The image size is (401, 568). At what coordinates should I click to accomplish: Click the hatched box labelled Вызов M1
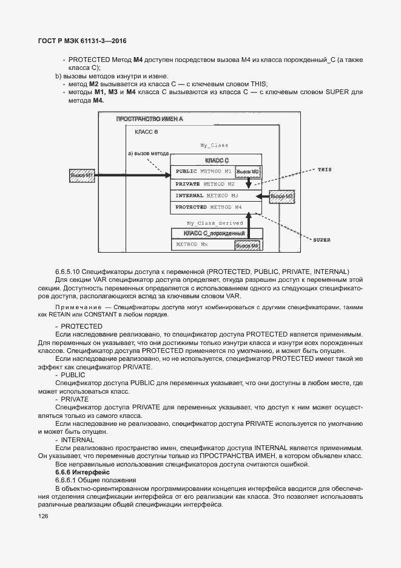coord(81,176)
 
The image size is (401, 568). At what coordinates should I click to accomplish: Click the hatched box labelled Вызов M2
coord(248,172)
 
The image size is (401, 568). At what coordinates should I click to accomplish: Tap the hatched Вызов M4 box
coord(248,245)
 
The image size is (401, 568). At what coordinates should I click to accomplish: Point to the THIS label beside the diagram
coord(325,169)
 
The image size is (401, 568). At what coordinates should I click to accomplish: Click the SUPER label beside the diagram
coord(322,240)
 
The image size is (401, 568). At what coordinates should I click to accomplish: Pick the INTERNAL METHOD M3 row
coord(207,196)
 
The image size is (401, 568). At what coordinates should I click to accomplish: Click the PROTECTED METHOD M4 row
coord(209,208)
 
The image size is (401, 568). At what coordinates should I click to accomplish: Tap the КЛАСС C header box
coord(217,160)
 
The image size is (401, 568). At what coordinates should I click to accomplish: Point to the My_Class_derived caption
coord(215,224)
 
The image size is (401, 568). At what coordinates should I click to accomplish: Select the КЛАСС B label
coord(146,131)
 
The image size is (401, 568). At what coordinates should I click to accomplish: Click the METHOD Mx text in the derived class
coord(191,245)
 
